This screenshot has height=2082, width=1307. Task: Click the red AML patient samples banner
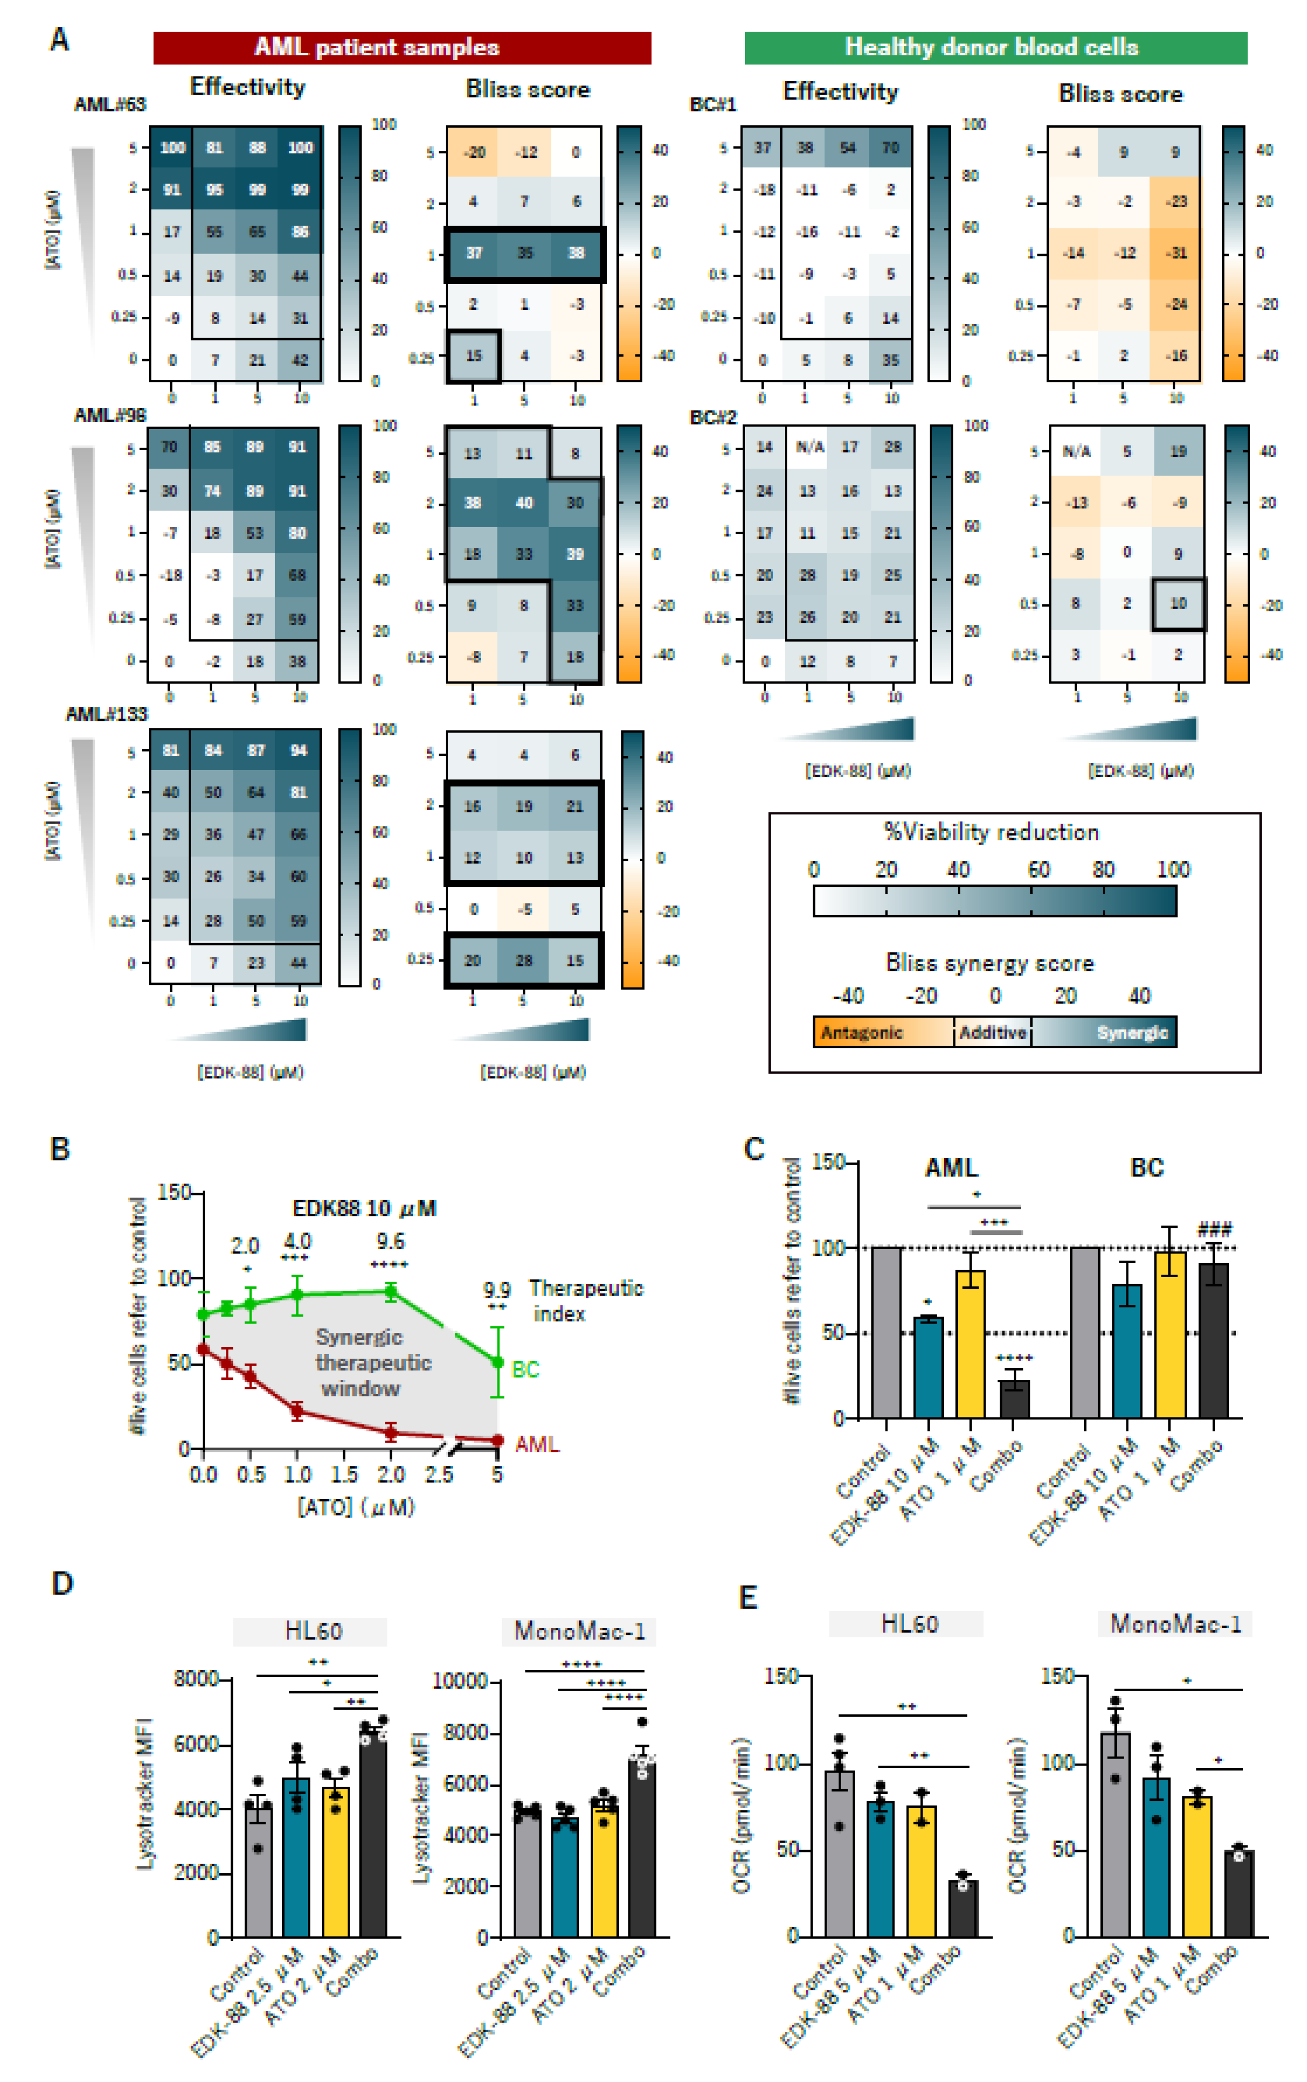(x=402, y=47)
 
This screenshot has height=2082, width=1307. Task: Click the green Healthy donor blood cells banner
(x=995, y=47)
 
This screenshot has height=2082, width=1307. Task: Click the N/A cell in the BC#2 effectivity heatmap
(x=810, y=447)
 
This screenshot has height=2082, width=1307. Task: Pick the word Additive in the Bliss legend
(x=993, y=1032)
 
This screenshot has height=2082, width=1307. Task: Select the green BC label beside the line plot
(x=526, y=1369)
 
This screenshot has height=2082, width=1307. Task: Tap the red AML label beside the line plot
(x=537, y=1444)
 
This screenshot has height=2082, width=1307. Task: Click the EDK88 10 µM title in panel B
(x=364, y=1208)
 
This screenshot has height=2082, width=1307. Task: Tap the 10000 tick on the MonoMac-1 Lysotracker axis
(x=460, y=1681)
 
